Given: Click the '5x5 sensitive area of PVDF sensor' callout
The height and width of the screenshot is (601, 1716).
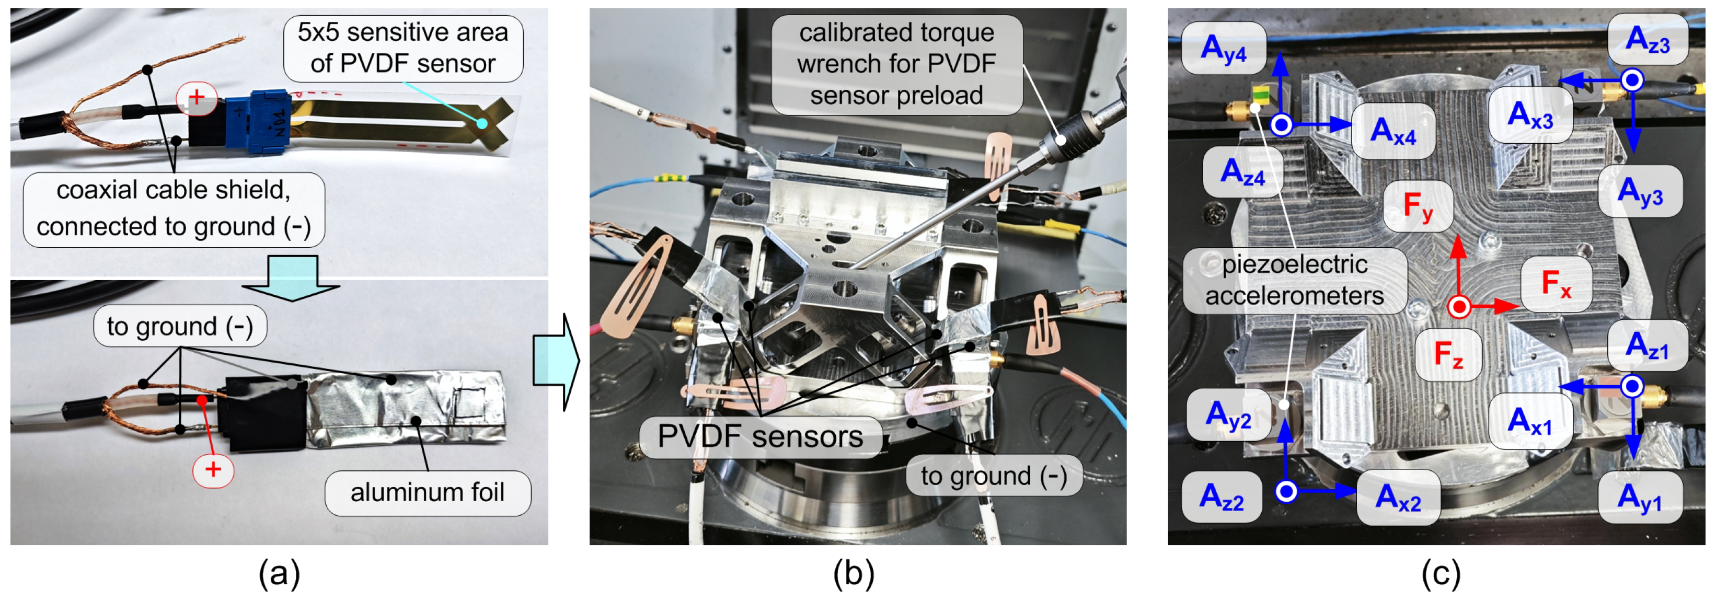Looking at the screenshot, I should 403,48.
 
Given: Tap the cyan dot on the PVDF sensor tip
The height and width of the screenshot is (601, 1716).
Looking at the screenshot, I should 481,123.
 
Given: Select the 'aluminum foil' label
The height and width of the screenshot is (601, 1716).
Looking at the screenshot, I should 427,492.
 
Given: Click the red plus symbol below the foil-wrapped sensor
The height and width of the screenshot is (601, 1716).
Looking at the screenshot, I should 213,470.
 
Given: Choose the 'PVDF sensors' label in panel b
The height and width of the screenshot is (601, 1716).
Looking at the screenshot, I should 760,436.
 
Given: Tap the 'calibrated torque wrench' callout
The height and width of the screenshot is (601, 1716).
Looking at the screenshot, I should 896,64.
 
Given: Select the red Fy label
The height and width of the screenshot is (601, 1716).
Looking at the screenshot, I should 1418,206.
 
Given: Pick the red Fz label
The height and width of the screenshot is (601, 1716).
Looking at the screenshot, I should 1448,354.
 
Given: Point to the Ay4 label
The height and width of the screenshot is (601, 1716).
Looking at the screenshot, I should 1224,48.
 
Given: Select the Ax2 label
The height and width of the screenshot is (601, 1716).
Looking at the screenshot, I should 1398,497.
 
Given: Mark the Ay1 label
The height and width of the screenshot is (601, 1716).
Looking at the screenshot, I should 1639,497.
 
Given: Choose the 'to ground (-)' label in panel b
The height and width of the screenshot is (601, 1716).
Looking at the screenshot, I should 993,476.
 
